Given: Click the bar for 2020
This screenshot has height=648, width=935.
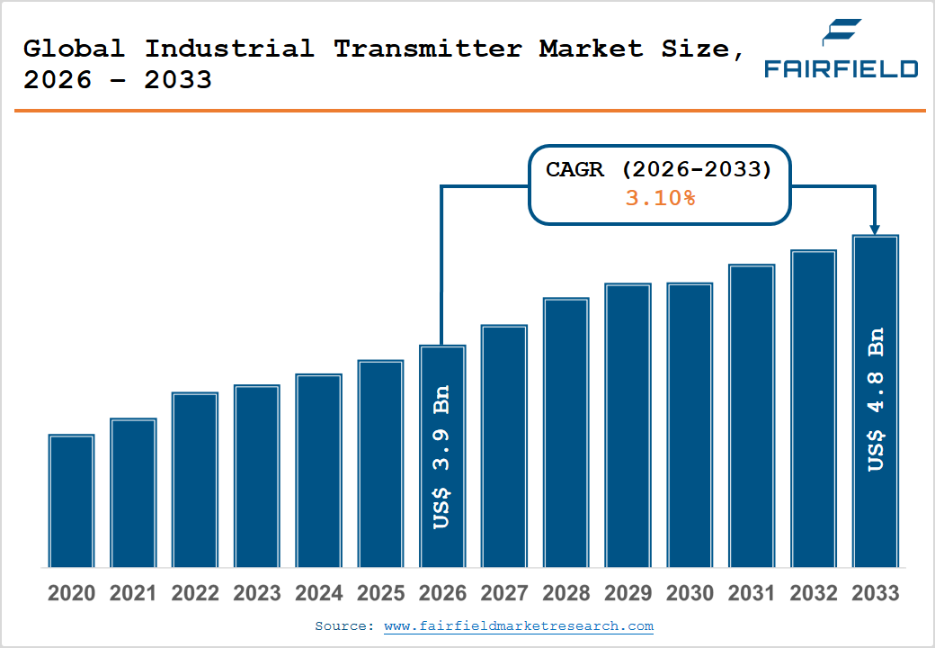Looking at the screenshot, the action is coord(72,500).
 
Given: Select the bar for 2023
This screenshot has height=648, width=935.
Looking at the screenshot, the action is coord(257,476).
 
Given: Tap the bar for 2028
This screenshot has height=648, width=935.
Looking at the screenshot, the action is coord(565,433).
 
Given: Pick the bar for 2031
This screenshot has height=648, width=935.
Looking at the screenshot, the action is coord(752,416).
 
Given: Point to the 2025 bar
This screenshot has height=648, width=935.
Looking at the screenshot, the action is coord(380,463).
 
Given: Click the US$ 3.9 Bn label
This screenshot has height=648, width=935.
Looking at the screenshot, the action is coord(441,457).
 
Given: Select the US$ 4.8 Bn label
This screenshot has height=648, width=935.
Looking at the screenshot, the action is coord(876,400).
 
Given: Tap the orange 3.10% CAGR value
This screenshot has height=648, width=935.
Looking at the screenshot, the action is coord(660,197).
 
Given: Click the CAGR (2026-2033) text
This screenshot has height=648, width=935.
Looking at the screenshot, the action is coord(659,169).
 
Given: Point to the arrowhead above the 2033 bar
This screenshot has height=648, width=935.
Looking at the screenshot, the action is coord(875,229).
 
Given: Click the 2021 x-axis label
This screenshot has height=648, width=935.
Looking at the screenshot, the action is coord(133,593).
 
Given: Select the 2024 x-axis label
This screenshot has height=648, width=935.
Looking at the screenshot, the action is coord(318,593).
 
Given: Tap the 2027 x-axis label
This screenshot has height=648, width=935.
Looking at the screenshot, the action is coord(503,593).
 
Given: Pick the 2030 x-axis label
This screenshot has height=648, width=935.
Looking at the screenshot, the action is coord(690,593).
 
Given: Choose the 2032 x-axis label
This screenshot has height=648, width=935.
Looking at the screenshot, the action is coord(814,593).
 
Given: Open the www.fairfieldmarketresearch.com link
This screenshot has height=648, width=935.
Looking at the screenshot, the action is coord(519,625).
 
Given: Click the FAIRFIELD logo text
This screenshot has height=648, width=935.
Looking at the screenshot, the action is coord(841,68).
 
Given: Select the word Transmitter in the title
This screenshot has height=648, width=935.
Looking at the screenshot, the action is coord(428,49).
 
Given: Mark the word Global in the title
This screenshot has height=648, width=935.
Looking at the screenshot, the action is coord(74,49).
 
